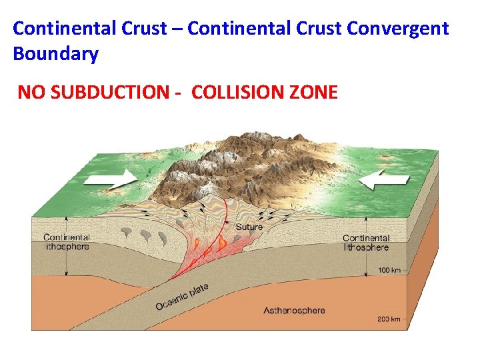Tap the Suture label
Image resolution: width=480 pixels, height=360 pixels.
249,227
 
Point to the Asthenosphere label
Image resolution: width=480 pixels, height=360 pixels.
294,310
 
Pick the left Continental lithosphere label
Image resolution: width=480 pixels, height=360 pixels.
66,242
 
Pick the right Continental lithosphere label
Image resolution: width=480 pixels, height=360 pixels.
366,243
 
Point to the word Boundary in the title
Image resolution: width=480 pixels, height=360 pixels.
56,53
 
